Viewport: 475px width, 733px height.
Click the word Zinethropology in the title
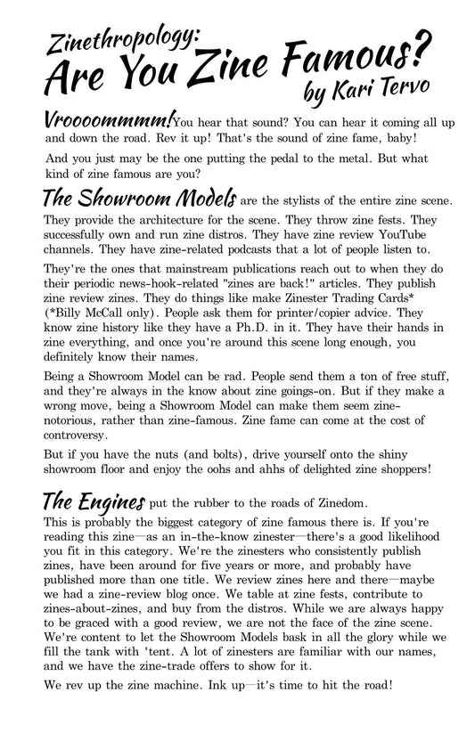(127, 38)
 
